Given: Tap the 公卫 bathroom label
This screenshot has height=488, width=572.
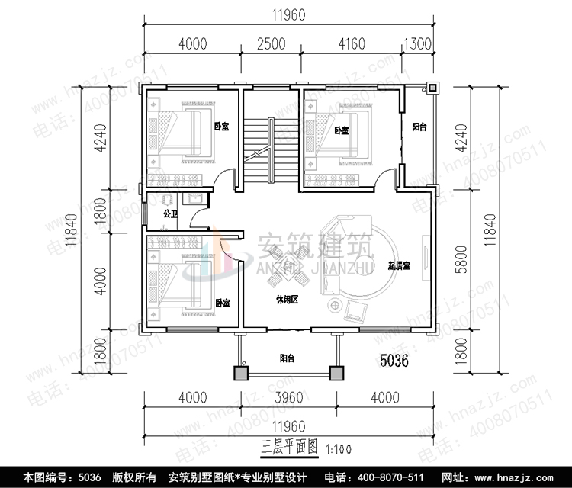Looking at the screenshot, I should (x=170, y=213).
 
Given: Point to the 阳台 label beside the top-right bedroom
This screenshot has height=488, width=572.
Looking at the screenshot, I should (x=419, y=127).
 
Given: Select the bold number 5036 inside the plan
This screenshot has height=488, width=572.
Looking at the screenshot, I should (x=394, y=361).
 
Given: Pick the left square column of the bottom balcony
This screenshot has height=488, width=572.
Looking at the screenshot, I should (x=240, y=374).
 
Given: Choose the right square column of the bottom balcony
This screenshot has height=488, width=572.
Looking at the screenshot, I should (x=336, y=374).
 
